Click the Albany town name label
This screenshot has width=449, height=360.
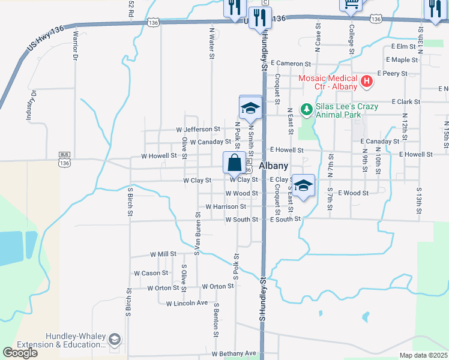coord(274,166)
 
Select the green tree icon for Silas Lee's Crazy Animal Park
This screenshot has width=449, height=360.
coord(307,109)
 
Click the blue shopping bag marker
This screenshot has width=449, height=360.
coord(234,162)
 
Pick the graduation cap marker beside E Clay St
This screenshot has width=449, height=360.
coord(304,185)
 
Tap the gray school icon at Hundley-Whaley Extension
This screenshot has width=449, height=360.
coord(114,340)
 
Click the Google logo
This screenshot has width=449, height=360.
coord(20,353)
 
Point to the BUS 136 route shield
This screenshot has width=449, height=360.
coord(64,158)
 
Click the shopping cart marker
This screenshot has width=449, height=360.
coord(351,4)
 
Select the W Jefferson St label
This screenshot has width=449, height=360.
coord(198,130)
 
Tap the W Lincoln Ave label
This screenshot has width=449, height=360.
coord(187,303)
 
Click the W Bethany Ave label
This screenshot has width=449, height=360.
coord(233,353)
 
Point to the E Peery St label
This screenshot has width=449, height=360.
coord(393,74)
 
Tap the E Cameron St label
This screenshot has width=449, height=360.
coord(291,63)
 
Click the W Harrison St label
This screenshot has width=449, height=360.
coord(226,206)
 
